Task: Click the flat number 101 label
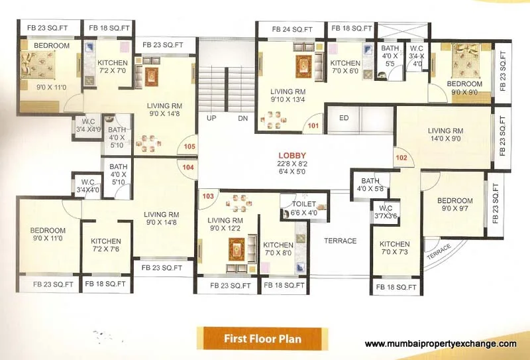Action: [x=313, y=126]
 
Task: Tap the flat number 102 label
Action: [x=401, y=158]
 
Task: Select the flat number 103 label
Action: [x=208, y=196]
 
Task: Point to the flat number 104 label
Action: [x=188, y=167]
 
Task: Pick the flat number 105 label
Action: [x=189, y=147]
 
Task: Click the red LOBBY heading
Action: [x=292, y=156]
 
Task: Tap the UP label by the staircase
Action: [x=211, y=118]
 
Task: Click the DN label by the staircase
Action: [x=242, y=118]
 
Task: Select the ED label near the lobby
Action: [x=344, y=118]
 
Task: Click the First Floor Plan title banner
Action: [x=262, y=338]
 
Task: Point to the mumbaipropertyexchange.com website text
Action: [x=441, y=344]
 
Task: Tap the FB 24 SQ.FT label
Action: [x=292, y=29]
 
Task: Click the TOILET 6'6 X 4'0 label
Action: [x=304, y=208]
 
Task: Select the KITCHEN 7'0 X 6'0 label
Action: [x=345, y=67]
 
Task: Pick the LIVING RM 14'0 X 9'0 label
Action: [x=445, y=135]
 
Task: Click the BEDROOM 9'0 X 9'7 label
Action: [x=455, y=204]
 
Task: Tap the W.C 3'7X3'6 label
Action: [x=386, y=211]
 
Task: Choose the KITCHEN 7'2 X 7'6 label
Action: [x=106, y=245]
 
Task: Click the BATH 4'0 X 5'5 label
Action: [x=390, y=56]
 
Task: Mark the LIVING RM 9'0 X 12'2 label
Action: [x=225, y=224]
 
